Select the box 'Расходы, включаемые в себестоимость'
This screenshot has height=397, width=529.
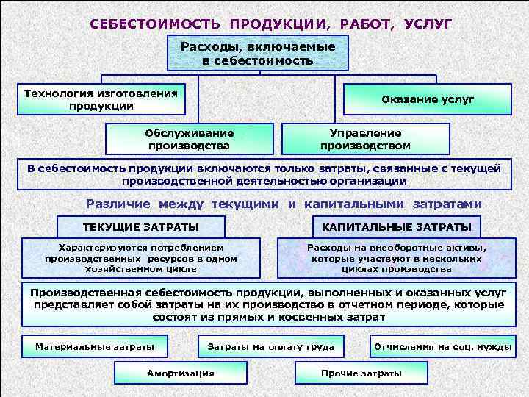(x=258, y=53)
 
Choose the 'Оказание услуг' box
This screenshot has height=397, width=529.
(x=428, y=99)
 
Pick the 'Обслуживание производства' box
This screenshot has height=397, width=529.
(x=190, y=138)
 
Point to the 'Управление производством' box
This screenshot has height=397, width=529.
(x=365, y=138)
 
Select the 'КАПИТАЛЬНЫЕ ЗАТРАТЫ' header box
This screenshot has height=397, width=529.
(x=397, y=226)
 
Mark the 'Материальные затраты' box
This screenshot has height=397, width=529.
(x=95, y=346)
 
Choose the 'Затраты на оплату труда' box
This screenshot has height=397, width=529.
(x=271, y=346)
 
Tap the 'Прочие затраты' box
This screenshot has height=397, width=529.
(x=361, y=373)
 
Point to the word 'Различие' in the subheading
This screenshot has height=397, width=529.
(x=118, y=204)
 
